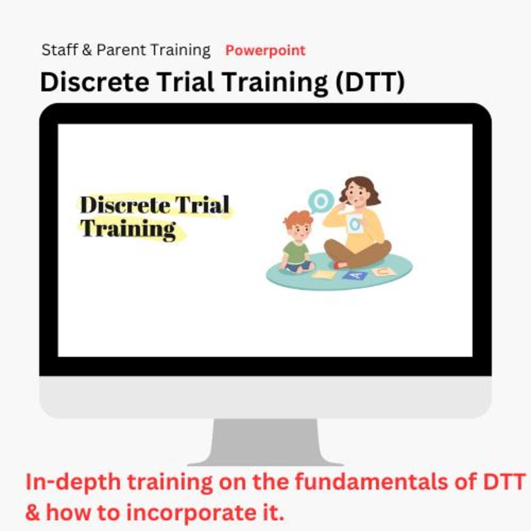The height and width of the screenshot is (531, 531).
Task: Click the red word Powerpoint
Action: point(265,51)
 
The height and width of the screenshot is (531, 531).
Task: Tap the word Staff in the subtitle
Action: point(58,50)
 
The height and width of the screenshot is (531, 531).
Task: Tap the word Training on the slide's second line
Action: point(128,229)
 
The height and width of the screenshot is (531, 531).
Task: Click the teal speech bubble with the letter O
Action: point(321,201)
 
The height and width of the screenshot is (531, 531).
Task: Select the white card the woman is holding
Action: point(354,224)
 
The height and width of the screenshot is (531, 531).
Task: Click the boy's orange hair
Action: point(298,218)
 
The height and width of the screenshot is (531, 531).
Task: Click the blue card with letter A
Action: point(355,275)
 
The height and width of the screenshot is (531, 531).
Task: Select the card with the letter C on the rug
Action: point(383,271)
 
